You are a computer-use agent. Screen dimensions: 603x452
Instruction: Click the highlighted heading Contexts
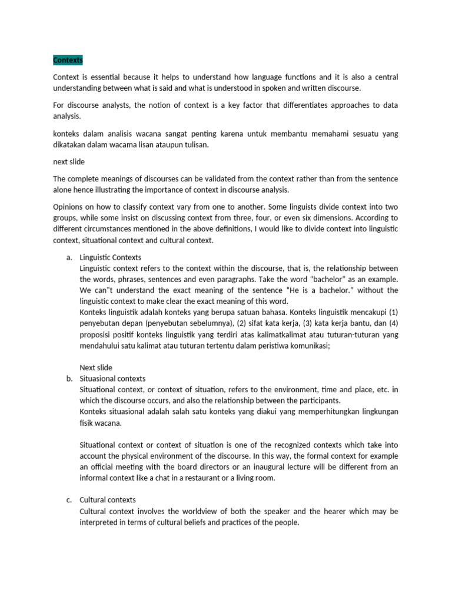(x=68, y=61)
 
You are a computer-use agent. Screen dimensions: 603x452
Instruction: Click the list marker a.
(x=69, y=257)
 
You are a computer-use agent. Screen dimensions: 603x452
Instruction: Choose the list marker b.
(x=69, y=379)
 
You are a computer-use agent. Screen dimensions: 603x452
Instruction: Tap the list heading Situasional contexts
(x=112, y=379)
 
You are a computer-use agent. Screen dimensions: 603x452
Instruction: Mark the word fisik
(x=88, y=423)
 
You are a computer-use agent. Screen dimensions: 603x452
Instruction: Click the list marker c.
(x=69, y=500)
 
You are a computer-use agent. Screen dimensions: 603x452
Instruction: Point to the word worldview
(x=196, y=511)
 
